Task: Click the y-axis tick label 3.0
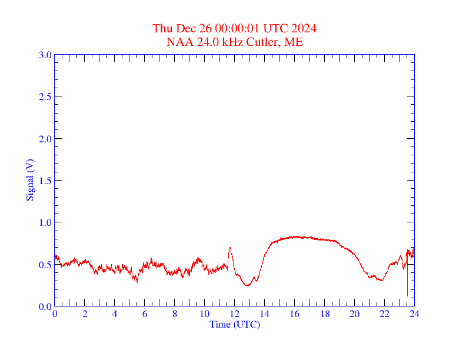(x=45, y=55)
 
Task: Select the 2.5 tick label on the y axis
(x=45, y=96)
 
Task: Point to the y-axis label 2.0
(x=45, y=139)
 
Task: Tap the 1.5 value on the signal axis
(x=45, y=181)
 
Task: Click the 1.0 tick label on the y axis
(x=45, y=222)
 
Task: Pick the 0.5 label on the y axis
(x=45, y=265)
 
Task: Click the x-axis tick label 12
(x=235, y=314)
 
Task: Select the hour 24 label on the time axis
(x=414, y=314)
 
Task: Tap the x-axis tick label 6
(x=145, y=314)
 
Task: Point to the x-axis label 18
(x=325, y=314)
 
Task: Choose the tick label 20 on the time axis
(x=355, y=314)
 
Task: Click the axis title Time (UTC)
(x=235, y=324)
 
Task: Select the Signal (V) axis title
(x=30, y=180)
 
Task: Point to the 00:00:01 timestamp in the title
(x=237, y=28)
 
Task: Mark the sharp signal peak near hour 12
(x=229, y=248)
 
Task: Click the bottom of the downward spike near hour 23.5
(x=407, y=296)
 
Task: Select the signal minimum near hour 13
(x=248, y=285)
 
